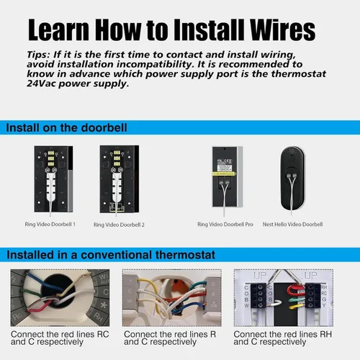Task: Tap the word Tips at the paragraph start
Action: click(40, 55)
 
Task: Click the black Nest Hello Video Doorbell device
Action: click(292, 176)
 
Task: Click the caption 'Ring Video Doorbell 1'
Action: click(50, 225)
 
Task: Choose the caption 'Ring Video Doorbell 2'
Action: click(120, 225)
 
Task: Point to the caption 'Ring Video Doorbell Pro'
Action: click(225, 224)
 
